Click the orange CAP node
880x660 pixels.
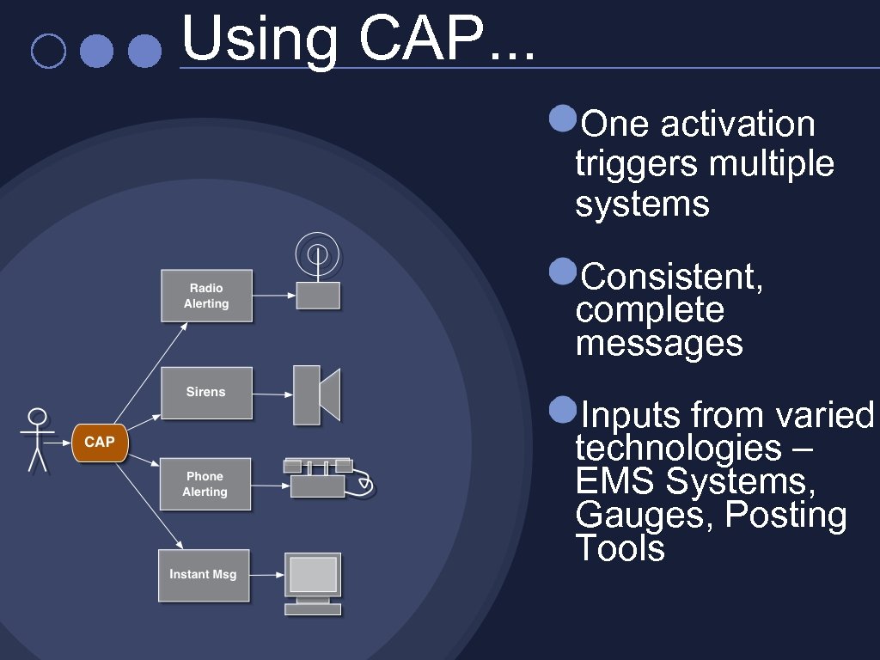[x=100, y=442]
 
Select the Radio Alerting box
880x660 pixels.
[x=206, y=296]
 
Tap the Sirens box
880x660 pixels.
[x=206, y=393]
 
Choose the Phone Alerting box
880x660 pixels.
[x=205, y=485]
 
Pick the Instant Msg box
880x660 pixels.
[x=204, y=574]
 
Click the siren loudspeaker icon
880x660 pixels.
[x=316, y=394]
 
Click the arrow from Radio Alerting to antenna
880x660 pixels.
[x=274, y=296]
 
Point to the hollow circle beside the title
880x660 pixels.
[x=47, y=51]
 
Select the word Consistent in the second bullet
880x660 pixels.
[x=671, y=278]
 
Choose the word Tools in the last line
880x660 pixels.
[x=620, y=548]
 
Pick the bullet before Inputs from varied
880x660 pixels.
[x=562, y=411]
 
